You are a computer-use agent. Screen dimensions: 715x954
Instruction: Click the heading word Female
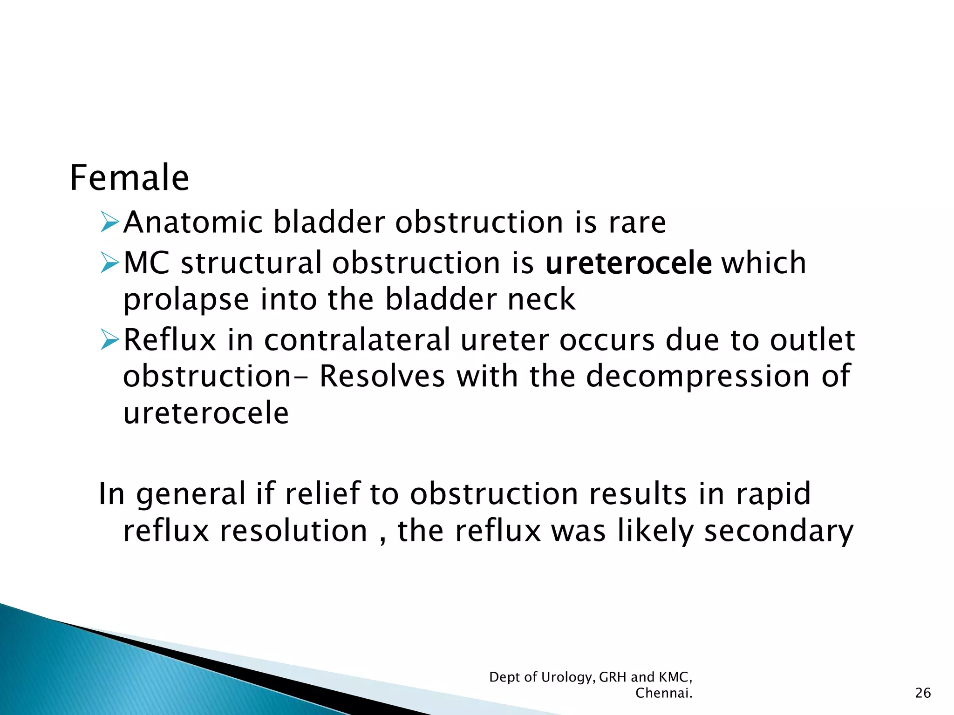[x=129, y=178]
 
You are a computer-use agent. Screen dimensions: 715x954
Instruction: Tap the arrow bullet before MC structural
[x=110, y=263]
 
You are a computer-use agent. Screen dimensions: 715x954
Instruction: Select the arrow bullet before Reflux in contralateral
[x=110, y=339]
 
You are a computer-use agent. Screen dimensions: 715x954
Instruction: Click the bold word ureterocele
[x=628, y=263]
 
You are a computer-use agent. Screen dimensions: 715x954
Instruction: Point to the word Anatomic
[x=193, y=222]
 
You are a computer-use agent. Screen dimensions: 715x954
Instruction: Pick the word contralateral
[x=357, y=340]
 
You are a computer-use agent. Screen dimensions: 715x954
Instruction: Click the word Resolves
[x=382, y=376]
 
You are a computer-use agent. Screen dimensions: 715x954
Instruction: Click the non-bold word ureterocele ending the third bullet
[x=206, y=413]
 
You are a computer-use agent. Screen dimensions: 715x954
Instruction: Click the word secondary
[x=778, y=532]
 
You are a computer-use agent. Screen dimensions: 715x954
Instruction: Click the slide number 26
[x=923, y=693]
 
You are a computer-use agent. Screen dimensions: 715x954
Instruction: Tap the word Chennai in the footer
[x=663, y=693]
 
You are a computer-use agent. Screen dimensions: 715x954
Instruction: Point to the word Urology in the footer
[x=568, y=678]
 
